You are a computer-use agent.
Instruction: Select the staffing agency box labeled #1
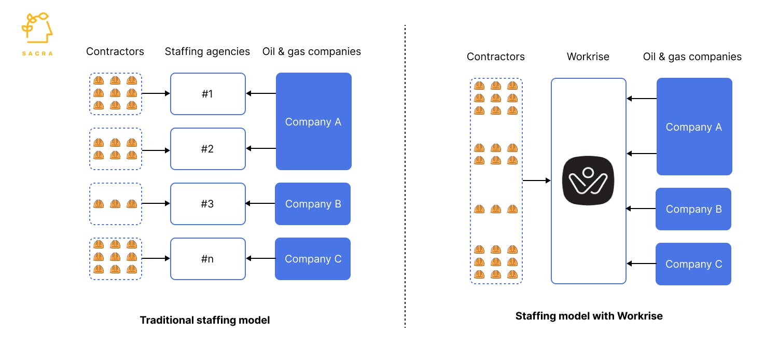coord(207,94)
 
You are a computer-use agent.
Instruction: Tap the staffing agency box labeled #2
coord(207,149)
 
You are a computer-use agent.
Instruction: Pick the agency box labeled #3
coord(207,204)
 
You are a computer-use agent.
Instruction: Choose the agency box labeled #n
coord(207,259)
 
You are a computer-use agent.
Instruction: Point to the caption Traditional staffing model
coord(205,320)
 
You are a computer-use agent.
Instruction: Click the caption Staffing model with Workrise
coord(589,315)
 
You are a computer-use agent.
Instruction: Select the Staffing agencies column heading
coord(207,51)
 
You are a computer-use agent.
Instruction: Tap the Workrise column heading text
coord(588,57)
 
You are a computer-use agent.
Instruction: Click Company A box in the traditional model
coord(313,121)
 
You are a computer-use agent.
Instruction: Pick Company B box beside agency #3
coord(313,204)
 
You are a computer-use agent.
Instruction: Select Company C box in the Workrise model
coord(693,264)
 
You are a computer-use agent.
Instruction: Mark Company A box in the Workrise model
coord(694,127)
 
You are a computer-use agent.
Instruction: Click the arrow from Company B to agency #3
coord(260,204)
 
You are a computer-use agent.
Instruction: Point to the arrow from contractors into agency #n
coord(156,258)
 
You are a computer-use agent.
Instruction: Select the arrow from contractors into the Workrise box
coord(536,181)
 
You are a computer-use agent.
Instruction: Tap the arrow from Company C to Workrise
coord(641,264)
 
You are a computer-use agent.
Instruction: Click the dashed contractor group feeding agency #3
coord(116,204)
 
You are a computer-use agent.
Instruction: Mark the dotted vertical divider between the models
coord(405,176)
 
